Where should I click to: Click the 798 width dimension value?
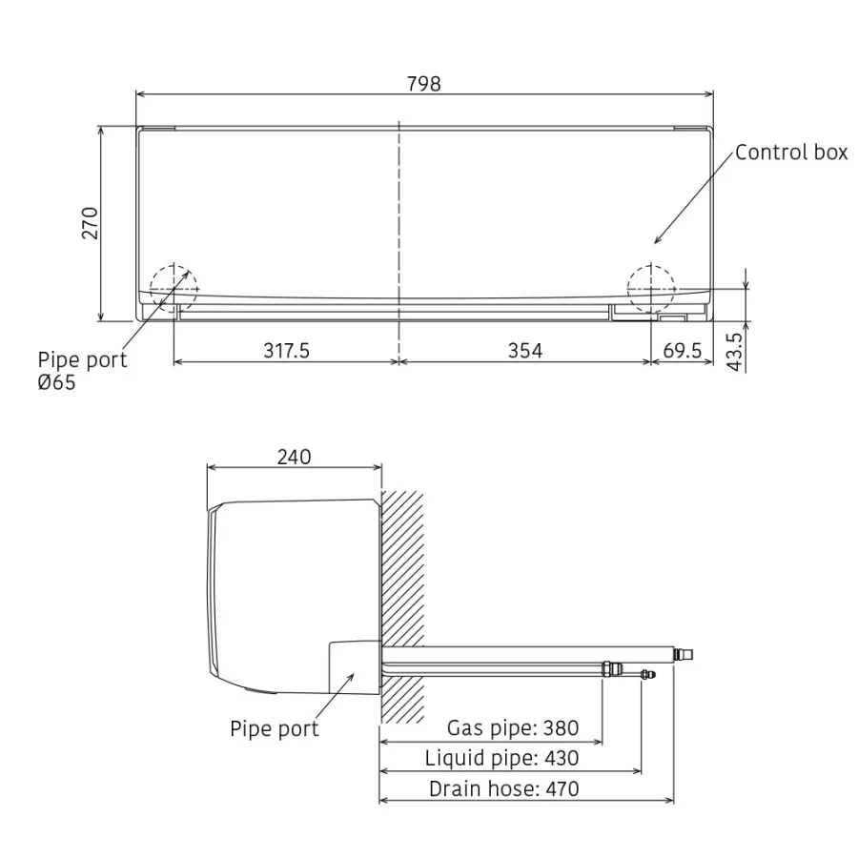pos(423,84)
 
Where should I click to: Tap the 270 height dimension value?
pos(90,223)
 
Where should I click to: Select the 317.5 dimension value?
pos(286,350)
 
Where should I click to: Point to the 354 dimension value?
pos(524,350)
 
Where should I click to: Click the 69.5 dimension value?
pos(682,350)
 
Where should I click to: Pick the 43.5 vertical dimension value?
pos(735,352)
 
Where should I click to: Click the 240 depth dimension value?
pos(294,457)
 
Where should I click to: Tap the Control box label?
pos(791,153)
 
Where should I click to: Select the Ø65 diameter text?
pos(56,382)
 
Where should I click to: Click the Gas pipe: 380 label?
pos(513,727)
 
